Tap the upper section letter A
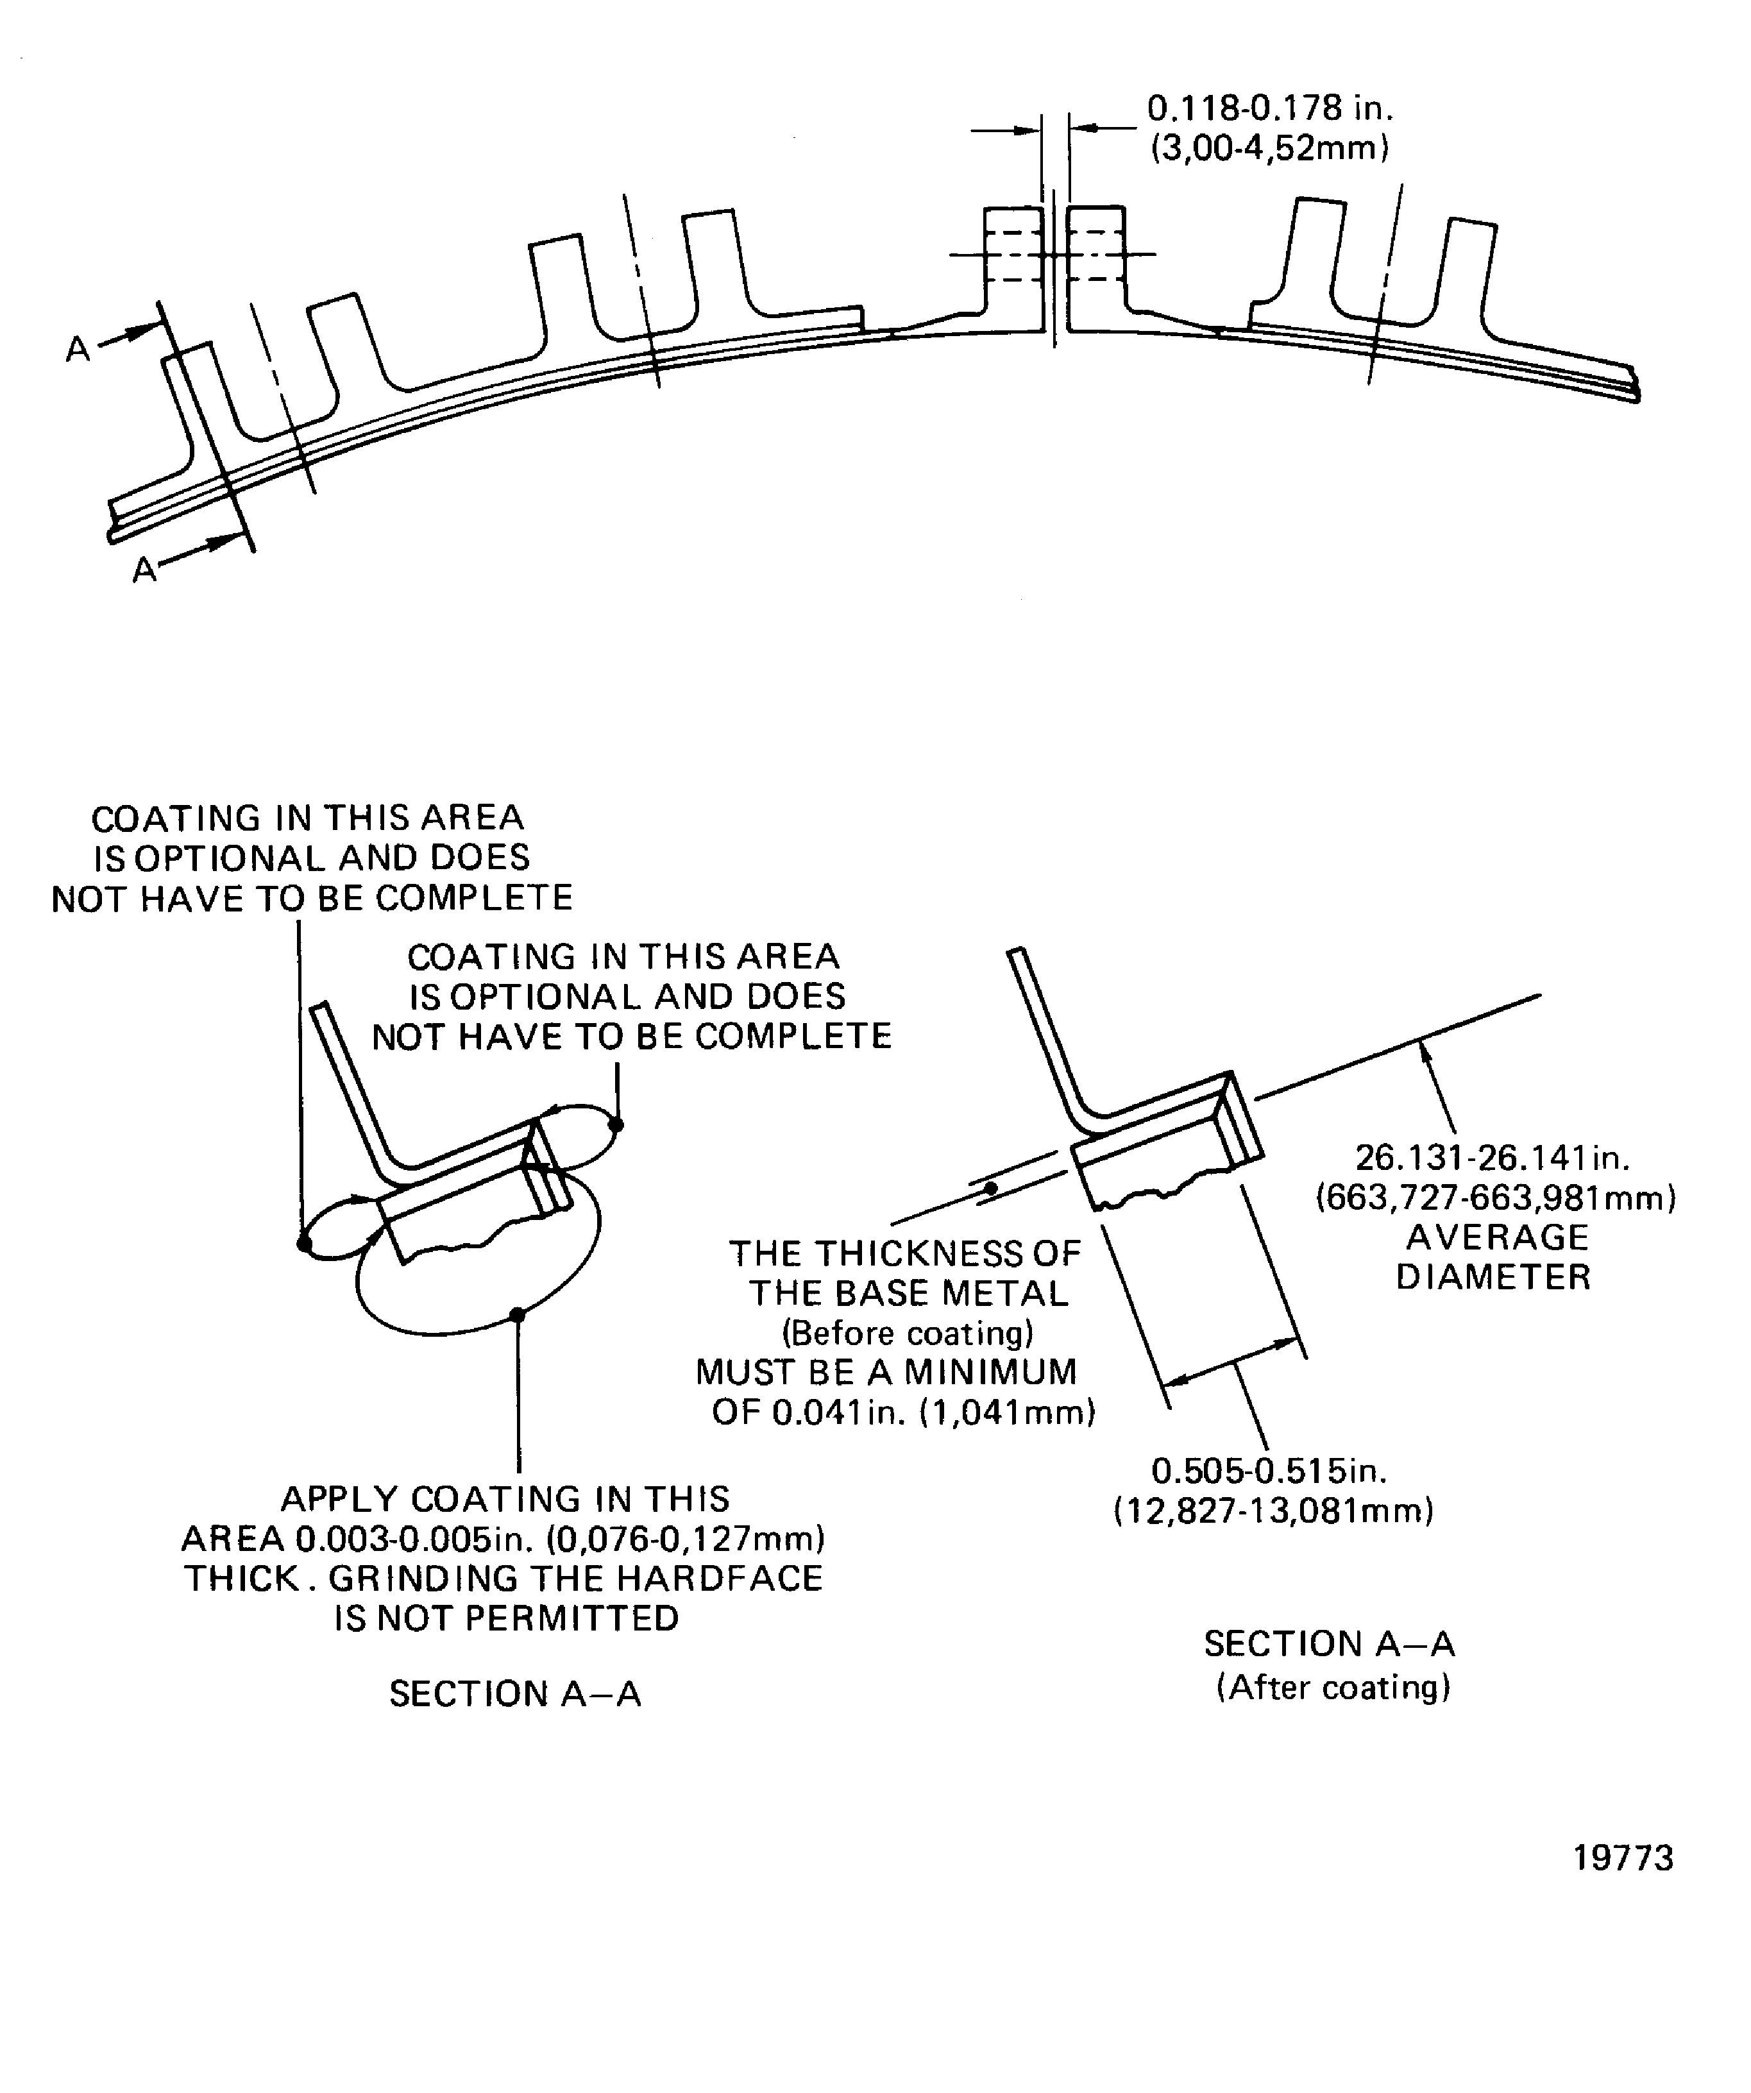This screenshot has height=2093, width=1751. (78, 349)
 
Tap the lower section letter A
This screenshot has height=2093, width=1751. (144, 570)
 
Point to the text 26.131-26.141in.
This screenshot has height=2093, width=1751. (1492, 1158)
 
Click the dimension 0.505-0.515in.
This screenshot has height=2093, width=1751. (1269, 1471)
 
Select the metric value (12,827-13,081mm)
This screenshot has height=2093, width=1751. (1273, 1511)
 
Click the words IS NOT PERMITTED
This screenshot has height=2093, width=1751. (506, 1618)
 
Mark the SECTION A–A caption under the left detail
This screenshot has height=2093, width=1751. (514, 1694)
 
